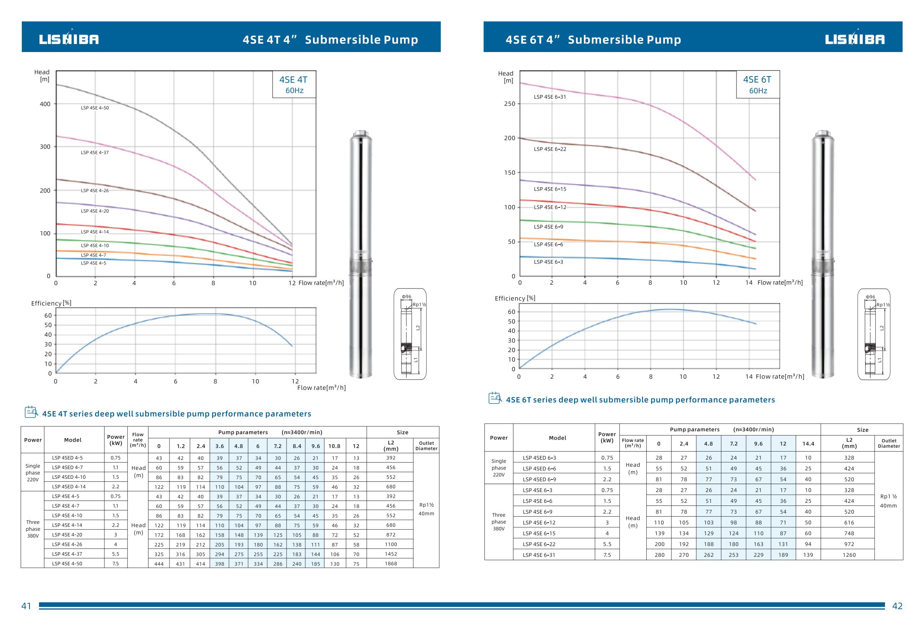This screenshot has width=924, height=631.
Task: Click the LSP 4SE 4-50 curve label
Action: coord(95,108)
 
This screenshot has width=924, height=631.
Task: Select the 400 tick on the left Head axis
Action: coord(45,104)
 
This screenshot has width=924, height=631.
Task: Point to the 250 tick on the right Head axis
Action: coord(509,104)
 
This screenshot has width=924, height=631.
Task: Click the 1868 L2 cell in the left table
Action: coord(390,563)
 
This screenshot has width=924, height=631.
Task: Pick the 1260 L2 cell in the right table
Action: coord(849,554)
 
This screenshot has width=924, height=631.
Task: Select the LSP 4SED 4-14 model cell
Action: coord(69,487)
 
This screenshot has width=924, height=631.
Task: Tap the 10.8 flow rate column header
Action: coord(334,446)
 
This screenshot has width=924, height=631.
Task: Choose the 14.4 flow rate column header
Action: coord(808,444)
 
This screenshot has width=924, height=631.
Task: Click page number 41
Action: coord(26,606)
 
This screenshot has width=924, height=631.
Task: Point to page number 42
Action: coord(897,606)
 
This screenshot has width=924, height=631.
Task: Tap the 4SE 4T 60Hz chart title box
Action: coord(294,84)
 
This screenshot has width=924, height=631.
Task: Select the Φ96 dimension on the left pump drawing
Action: coord(406,297)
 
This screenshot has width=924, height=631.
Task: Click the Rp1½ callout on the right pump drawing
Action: coord(883,305)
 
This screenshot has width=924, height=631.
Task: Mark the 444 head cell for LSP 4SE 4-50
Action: coord(159,564)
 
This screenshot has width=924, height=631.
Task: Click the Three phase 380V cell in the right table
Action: coord(499,522)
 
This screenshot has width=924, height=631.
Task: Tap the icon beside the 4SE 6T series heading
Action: coord(495,398)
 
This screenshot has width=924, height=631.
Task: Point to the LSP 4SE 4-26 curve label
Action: coord(95,191)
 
